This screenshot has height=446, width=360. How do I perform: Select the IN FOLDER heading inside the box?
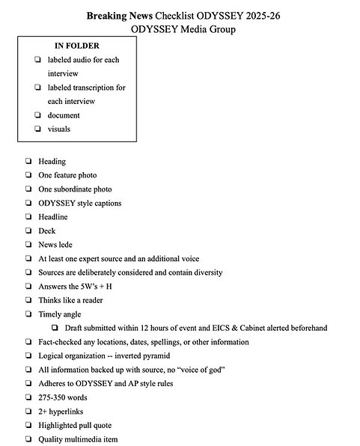click(77, 46)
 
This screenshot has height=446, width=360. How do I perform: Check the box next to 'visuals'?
click(37, 129)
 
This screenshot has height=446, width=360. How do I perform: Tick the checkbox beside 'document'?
click(37, 115)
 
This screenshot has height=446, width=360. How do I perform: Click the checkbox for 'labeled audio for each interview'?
click(37, 60)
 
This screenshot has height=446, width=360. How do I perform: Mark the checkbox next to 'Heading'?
click(27, 161)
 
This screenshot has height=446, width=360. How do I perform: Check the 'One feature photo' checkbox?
click(27, 175)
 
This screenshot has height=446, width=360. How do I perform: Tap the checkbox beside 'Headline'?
click(27, 217)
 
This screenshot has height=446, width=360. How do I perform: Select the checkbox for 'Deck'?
click(27, 231)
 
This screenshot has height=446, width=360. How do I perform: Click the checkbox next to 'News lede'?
click(27, 245)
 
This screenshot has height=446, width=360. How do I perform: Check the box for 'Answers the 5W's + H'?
click(27, 287)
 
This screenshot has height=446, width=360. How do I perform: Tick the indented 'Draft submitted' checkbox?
click(55, 329)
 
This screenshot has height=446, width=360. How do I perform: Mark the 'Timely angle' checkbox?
click(27, 314)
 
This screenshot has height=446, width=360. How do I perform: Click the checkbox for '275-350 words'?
click(27, 397)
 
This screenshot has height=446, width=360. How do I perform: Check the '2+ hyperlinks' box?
click(27, 412)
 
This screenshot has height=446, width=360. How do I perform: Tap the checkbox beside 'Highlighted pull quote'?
click(27, 425)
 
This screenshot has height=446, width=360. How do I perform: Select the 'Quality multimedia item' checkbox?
click(27, 439)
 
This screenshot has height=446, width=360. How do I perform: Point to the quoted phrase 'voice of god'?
click(209, 370)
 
